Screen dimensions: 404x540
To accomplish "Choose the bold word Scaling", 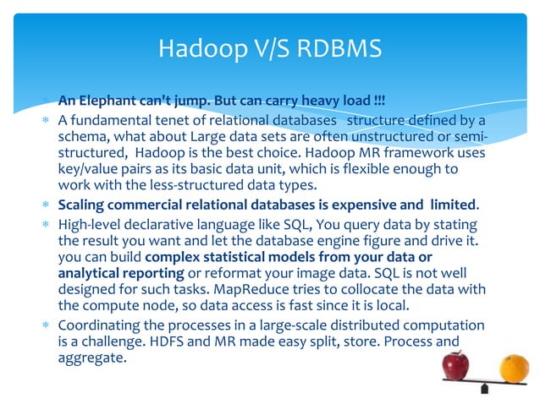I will [x=82, y=205].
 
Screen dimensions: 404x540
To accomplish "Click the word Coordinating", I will [x=104, y=325].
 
